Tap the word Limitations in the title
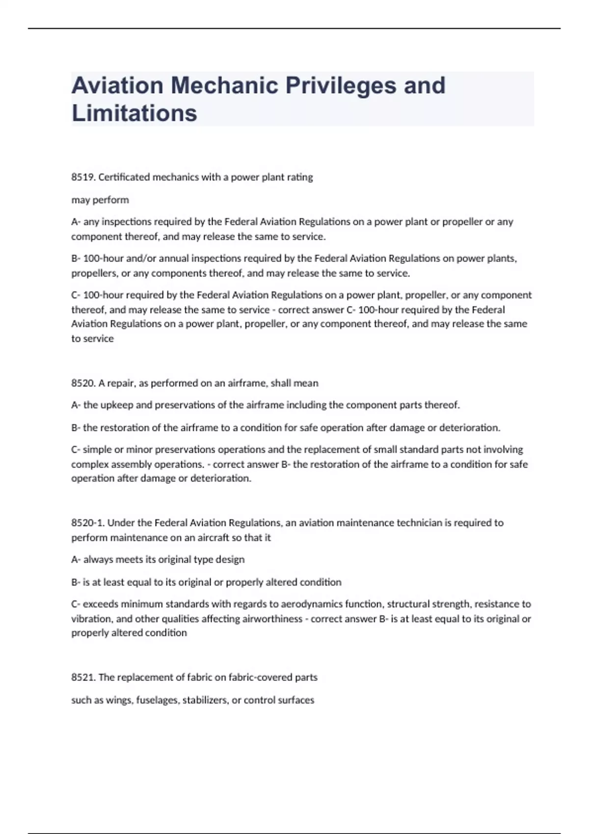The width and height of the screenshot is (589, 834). click(x=134, y=113)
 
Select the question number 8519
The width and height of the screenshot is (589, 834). click(x=82, y=178)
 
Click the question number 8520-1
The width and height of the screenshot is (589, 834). click(x=87, y=523)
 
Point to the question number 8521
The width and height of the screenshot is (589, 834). click(x=82, y=678)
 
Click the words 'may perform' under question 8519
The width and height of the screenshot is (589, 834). click(x=100, y=200)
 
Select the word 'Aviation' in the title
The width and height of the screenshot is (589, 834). click(x=117, y=86)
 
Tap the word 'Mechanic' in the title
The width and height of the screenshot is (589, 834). click(x=224, y=86)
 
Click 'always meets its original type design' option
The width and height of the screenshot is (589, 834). click(x=163, y=560)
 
